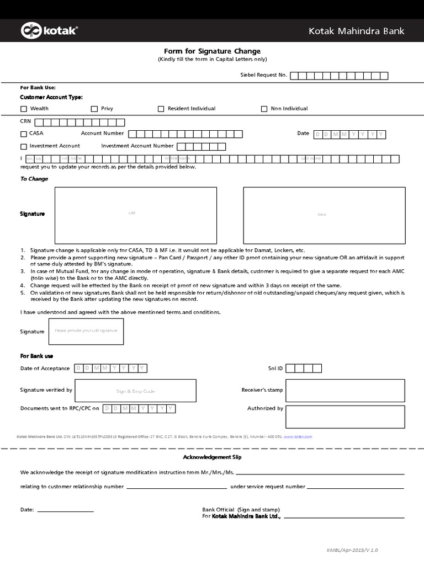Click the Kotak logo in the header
49,31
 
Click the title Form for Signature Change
213,51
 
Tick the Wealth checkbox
23,109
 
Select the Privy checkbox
94,109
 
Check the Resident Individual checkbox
161,109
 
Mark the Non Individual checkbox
264,109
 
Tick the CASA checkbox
23,134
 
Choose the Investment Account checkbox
23,146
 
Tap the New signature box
324,214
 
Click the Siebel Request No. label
263,75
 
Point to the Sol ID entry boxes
304,368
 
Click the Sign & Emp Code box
135,391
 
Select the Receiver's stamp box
345,390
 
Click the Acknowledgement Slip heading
212,457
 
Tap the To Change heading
34,179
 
